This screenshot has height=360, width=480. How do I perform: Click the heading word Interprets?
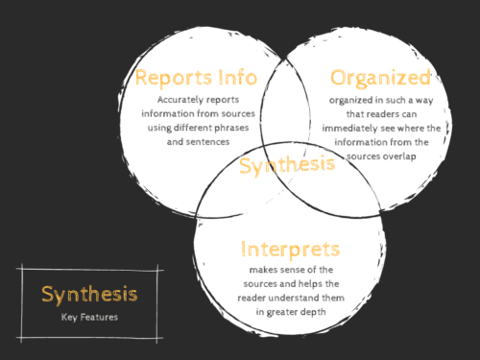(x=291, y=250)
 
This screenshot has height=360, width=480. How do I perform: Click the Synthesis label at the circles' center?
(x=287, y=164)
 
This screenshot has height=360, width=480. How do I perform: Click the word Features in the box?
(x=100, y=316)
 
